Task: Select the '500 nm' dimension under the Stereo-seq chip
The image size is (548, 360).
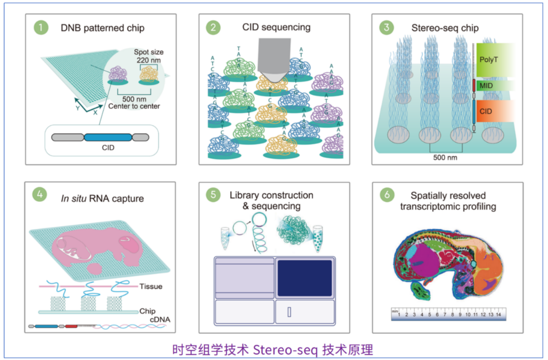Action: click(x=444, y=158)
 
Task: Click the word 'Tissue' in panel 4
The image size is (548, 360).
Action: click(x=151, y=286)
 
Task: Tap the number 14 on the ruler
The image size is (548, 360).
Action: click(x=498, y=315)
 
